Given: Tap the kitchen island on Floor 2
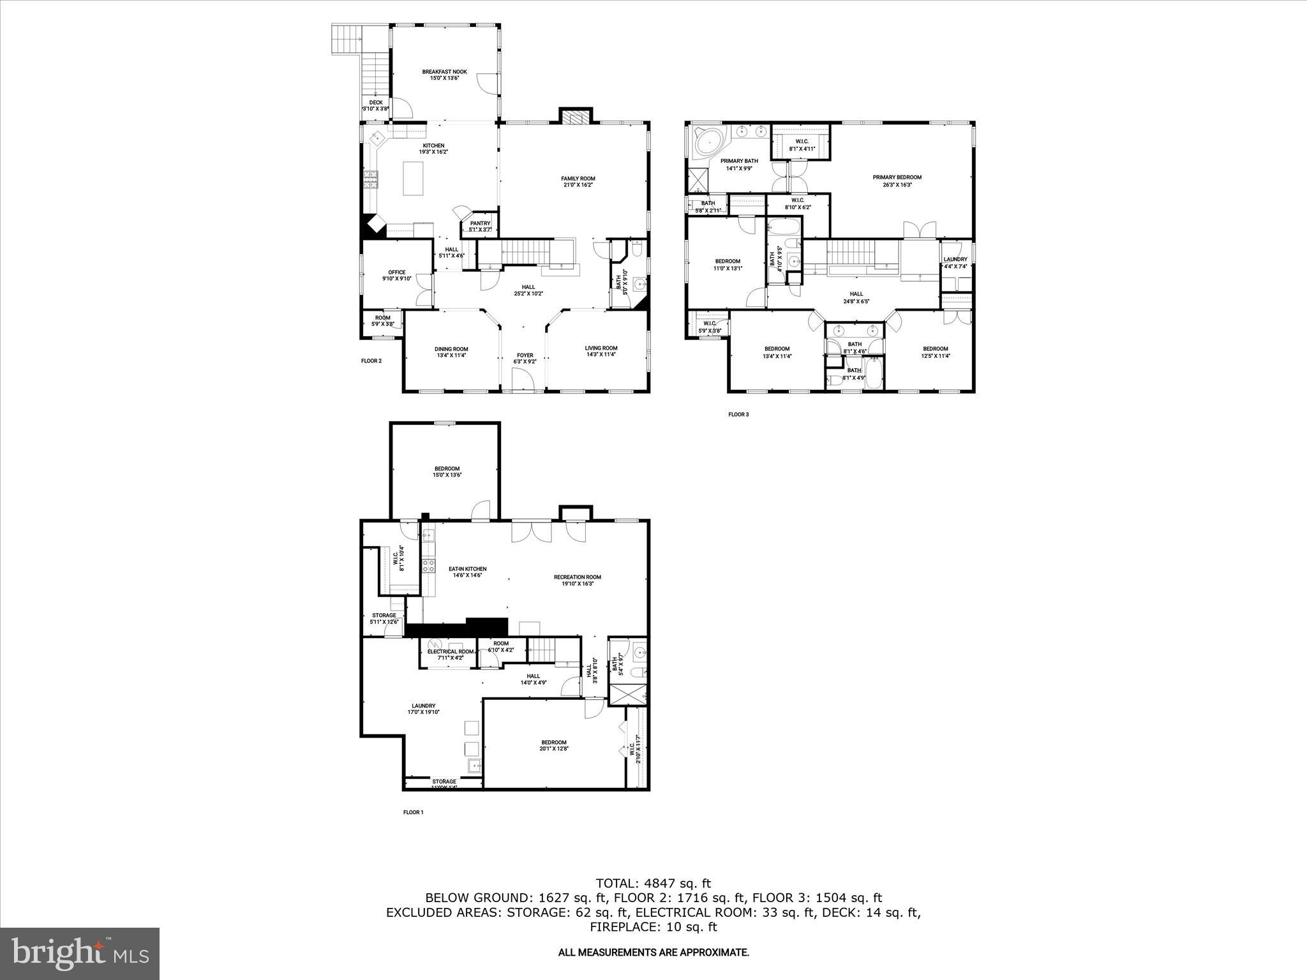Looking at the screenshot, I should (413, 179).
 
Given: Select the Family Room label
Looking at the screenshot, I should (578, 182).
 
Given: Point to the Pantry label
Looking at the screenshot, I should (480, 226).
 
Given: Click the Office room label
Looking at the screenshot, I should (396, 275).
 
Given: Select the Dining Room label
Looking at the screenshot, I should (451, 352).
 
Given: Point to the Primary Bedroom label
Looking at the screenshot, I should (897, 181).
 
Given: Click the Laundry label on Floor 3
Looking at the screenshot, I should (955, 262).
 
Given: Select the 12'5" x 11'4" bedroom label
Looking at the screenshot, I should (935, 352).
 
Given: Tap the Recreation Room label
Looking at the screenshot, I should (577, 580).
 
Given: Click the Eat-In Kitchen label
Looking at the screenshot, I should (467, 572).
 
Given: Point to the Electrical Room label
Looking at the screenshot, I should (450, 655).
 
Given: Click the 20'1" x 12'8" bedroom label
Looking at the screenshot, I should (553, 745).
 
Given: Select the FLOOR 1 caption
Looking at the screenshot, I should (413, 812).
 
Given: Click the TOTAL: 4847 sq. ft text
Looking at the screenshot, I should (653, 884).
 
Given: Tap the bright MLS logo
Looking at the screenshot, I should (80, 954).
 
